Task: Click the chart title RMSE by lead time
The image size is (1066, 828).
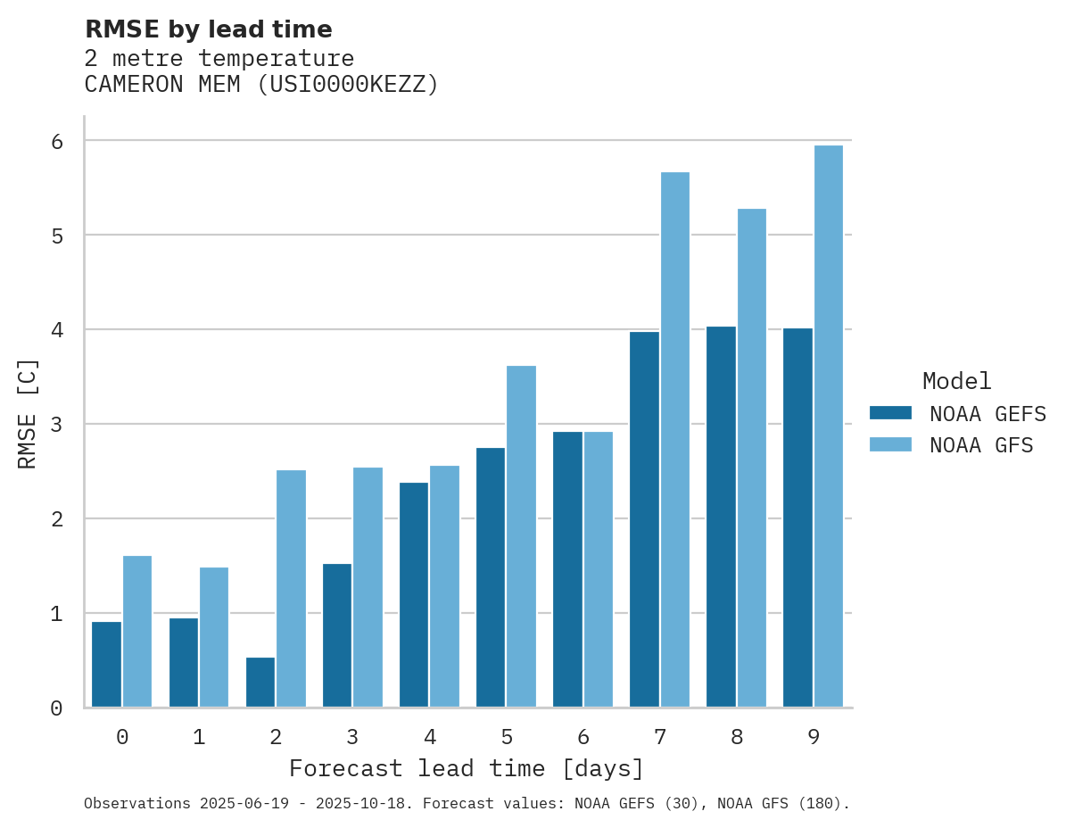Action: (208, 29)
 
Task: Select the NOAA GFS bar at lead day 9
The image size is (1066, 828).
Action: (829, 426)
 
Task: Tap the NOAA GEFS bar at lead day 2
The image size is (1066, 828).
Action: (260, 683)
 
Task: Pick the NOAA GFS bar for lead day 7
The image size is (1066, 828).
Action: (675, 440)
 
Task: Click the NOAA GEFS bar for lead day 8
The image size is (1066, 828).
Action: (721, 517)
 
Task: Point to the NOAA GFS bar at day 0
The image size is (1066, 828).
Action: (137, 632)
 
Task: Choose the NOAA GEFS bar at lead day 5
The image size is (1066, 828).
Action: (491, 577)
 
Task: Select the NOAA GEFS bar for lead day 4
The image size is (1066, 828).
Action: (414, 595)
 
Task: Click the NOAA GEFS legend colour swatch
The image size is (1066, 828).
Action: (890, 413)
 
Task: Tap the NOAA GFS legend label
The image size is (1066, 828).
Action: (981, 445)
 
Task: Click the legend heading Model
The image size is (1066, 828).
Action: (956, 382)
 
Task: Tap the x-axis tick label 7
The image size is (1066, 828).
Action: (660, 738)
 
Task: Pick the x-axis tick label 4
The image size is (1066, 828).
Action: (430, 738)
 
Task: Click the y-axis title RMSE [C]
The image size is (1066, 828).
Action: (29, 413)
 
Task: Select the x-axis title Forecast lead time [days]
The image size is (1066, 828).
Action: (467, 769)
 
